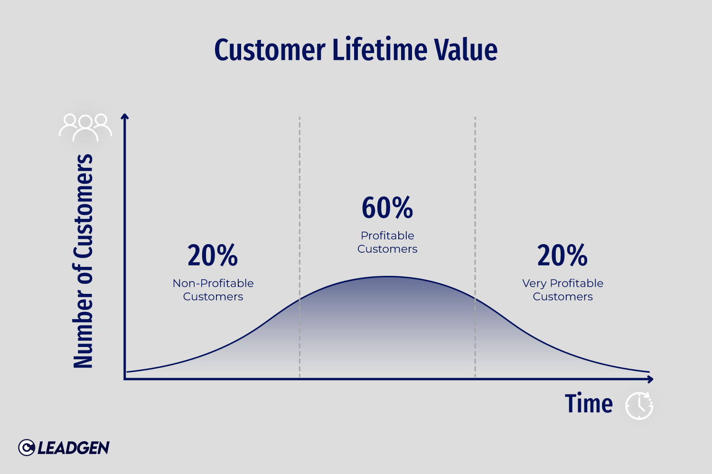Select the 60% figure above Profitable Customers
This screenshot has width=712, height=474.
[387, 208]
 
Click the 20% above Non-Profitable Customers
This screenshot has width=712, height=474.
[213, 255]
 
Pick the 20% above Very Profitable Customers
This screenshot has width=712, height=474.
[562, 255]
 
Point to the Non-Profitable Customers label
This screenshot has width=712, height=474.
[213, 290]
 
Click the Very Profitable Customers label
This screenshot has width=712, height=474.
[562, 290]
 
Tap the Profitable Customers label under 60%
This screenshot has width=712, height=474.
[387, 242]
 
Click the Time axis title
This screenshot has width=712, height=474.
[589, 404]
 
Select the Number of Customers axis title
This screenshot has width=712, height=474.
[83, 261]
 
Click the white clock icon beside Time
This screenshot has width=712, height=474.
[639, 406]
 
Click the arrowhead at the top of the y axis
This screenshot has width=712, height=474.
[125, 116]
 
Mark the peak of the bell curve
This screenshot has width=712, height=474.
[387, 276]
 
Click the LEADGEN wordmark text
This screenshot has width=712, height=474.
[73, 448]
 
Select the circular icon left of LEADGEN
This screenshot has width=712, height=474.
[27, 447]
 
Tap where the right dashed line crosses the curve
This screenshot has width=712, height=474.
[475, 298]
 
